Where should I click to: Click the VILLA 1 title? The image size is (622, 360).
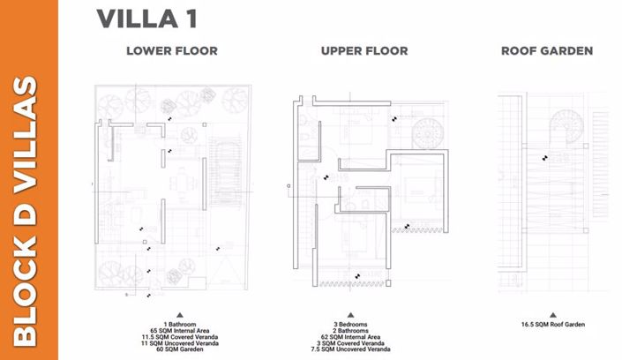coord(146,17)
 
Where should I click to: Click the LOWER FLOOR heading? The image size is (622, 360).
coord(171,51)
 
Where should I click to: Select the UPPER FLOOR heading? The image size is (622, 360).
coord(364,51)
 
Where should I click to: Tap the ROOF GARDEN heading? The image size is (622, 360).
coord(546,51)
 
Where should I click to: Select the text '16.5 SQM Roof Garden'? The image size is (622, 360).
coord(552,325)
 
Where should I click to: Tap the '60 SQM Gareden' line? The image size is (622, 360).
coord(179,350)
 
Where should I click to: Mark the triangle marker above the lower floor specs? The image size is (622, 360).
coord(179,314)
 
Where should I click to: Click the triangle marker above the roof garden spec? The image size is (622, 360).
coord(552,314)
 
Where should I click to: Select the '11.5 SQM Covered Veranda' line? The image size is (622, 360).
coord(179,338)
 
